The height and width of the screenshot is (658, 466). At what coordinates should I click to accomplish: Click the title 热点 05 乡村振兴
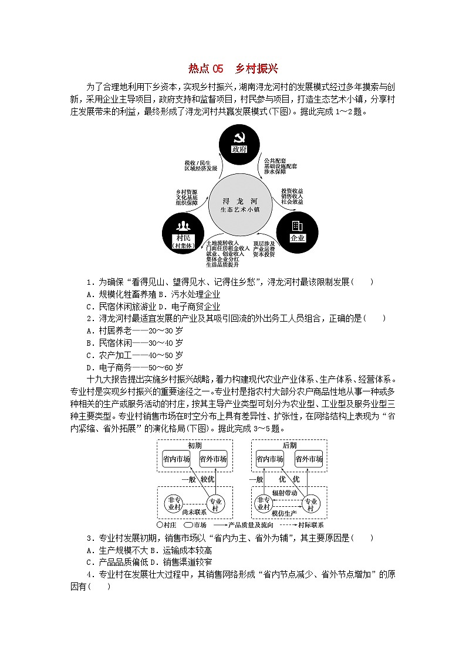233,69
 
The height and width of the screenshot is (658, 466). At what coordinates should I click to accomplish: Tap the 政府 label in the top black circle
239,149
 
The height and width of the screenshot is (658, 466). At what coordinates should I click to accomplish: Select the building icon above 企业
297,226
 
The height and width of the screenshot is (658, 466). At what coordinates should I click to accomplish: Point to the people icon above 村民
183,226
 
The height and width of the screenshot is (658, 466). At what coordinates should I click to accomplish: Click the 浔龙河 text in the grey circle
239,199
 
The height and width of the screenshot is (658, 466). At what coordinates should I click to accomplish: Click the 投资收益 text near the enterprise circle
292,191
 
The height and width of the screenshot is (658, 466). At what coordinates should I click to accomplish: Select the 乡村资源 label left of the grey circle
187,192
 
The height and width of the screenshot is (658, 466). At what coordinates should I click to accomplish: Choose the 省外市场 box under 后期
308,459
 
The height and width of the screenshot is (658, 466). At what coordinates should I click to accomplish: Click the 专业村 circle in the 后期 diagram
310,504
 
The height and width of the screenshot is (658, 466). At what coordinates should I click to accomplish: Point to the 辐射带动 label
285,493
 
